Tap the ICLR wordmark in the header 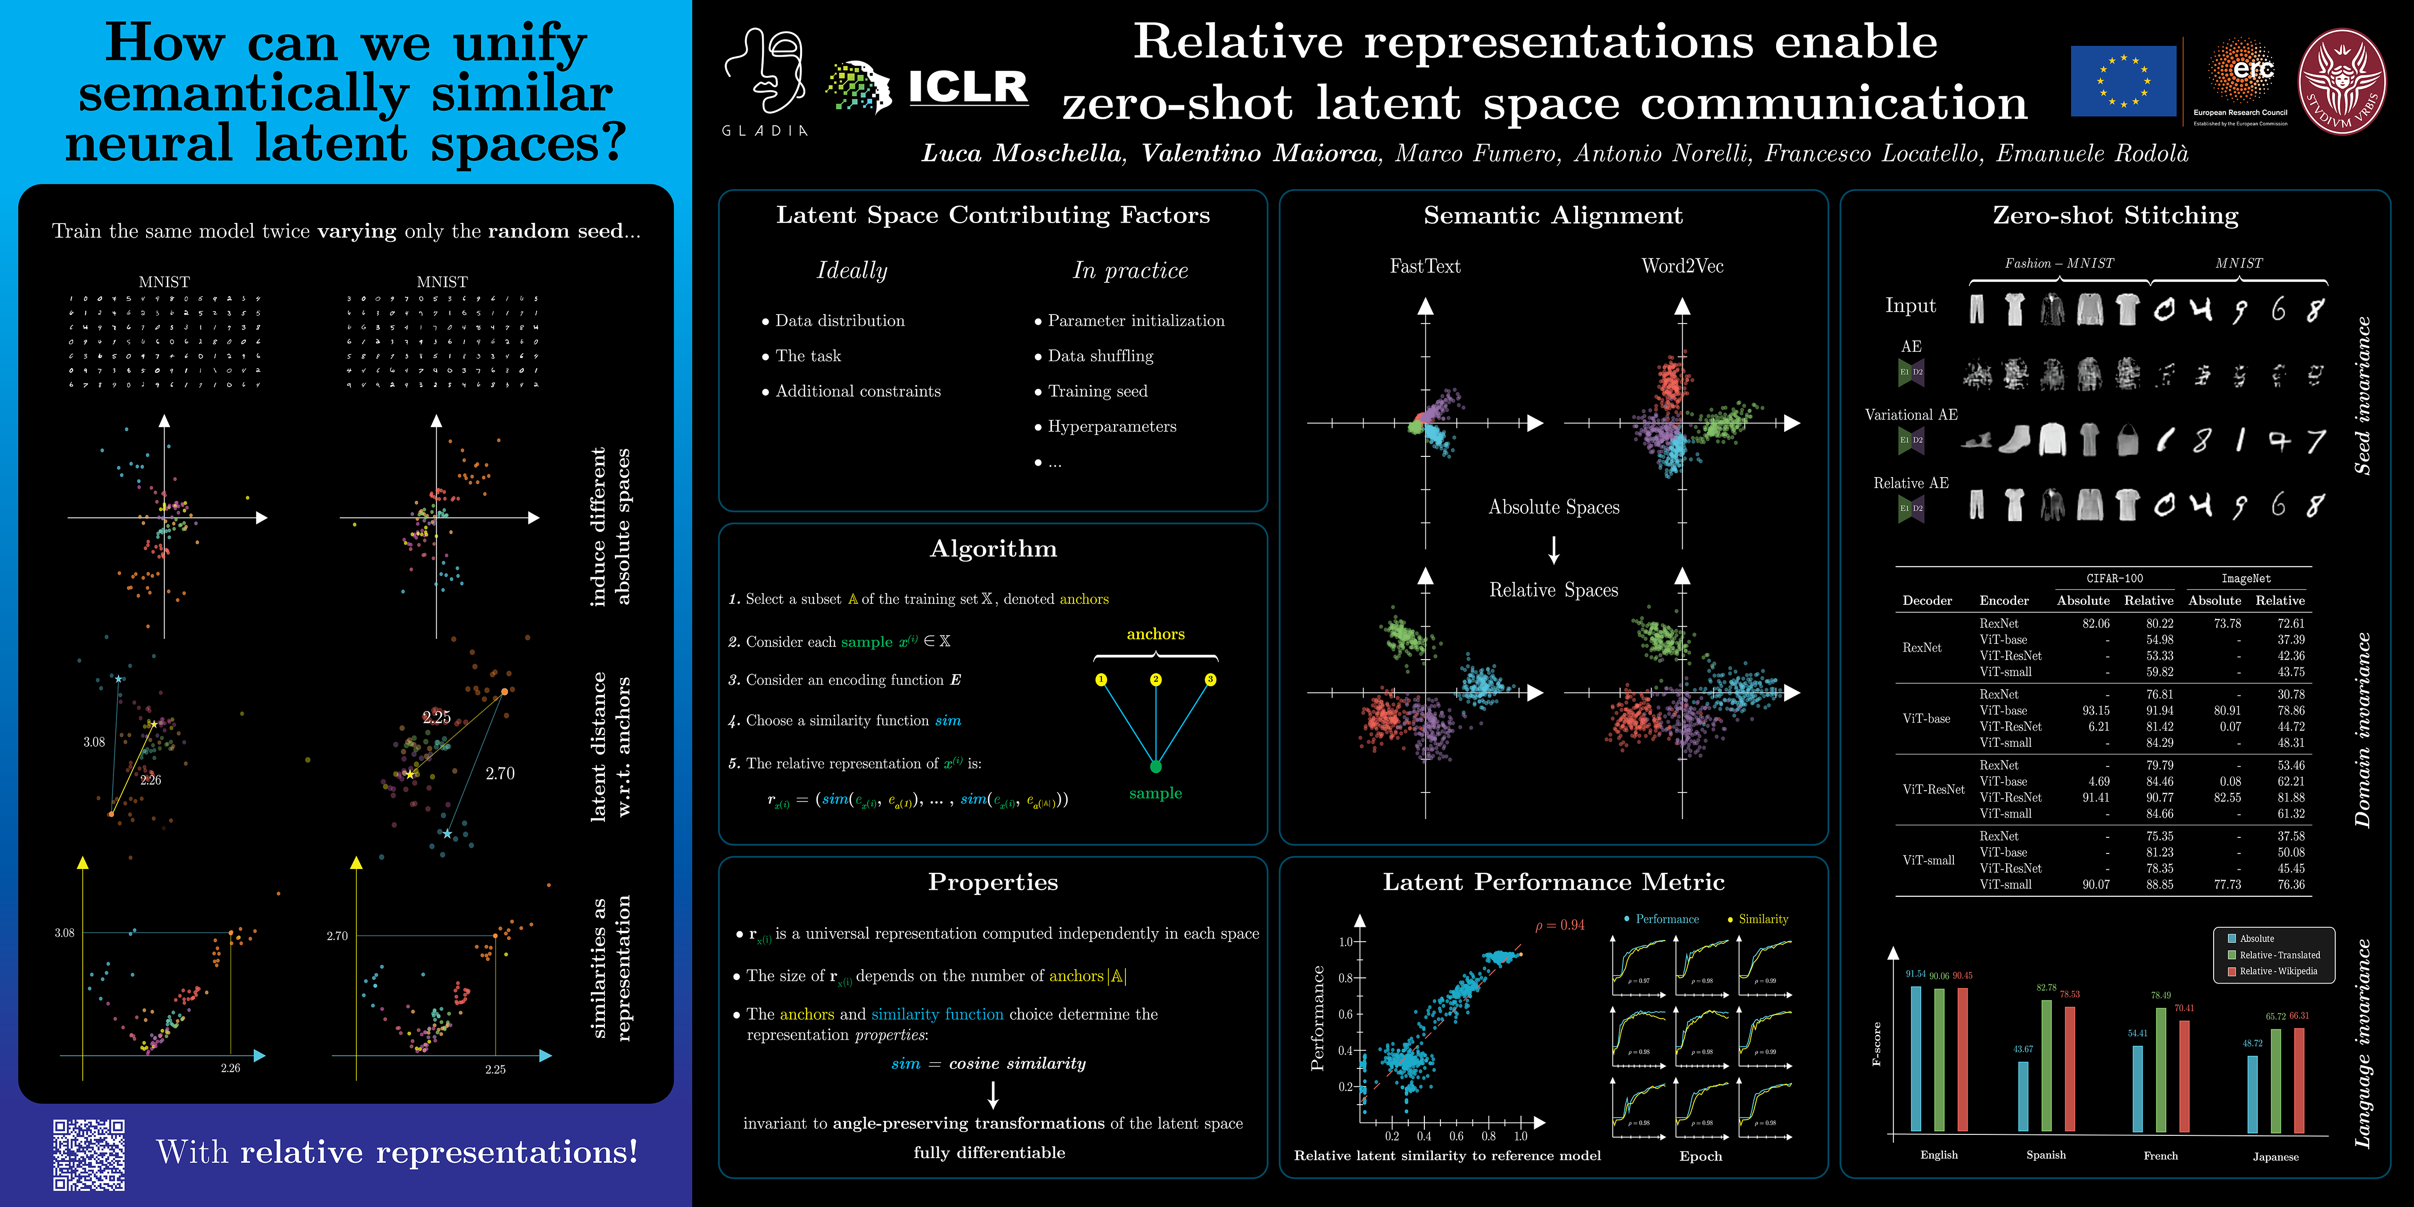coord(968,87)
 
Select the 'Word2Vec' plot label coord(1682,266)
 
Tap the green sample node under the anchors coord(1156,767)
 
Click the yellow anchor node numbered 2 coord(1156,679)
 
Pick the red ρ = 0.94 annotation coord(1559,925)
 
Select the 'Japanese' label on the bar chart coord(2275,1157)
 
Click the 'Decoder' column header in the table coord(1926,601)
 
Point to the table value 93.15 coord(2095,711)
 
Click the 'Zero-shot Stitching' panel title coord(2115,215)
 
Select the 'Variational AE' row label coord(1911,414)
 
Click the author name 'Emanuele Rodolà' coord(2092,154)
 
